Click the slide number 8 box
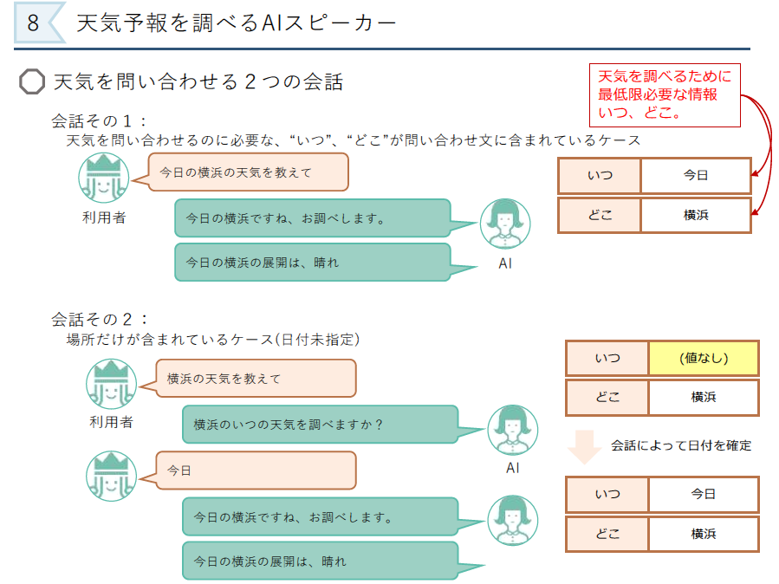(x=33, y=23)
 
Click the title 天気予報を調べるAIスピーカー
(x=236, y=23)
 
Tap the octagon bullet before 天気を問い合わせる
(x=31, y=81)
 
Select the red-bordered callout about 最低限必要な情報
(x=665, y=94)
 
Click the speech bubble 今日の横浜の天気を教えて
(x=248, y=172)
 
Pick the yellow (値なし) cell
(x=704, y=358)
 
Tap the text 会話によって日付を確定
(x=681, y=445)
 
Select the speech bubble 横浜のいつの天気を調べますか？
(x=320, y=425)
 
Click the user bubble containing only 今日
(x=256, y=470)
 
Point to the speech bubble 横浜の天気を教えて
(x=256, y=379)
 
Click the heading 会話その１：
(x=100, y=120)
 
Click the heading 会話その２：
(x=100, y=319)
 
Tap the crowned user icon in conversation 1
(x=103, y=178)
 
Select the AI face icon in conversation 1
(x=505, y=223)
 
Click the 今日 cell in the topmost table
(x=695, y=175)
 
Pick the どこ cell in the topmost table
(x=600, y=215)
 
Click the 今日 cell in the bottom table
(x=703, y=494)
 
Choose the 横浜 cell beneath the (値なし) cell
(x=703, y=397)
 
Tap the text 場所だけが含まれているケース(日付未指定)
(x=213, y=340)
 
